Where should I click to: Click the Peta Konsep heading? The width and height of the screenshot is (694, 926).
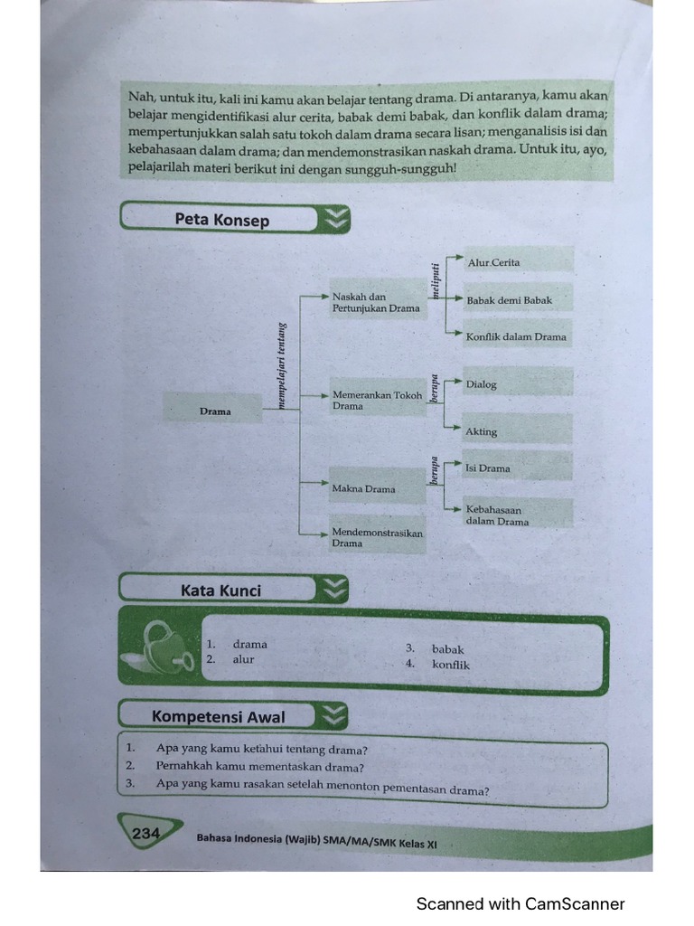pyautogui.click(x=222, y=220)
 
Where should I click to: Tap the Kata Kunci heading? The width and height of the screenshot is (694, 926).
pyautogui.click(x=220, y=591)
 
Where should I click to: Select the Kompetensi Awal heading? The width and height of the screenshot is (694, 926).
pyautogui.click(x=218, y=717)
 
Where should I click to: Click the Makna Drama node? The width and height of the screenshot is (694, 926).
pyautogui.click(x=364, y=488)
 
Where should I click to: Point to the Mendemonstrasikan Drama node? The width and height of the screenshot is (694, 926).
pyautogui.click(x=377, y=538)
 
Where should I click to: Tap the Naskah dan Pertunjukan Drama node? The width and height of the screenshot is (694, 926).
pyautogui.click(x=376, y=302)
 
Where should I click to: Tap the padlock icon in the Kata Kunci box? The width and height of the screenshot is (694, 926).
pyautogui.click(x=164, y=647)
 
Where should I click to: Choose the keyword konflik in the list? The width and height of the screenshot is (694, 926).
pyautogui.click(x=451, y=665)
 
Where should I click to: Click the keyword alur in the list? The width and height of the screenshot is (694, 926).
pyautogui.click(x=244, y=659)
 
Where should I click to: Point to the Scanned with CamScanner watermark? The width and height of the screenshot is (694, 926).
pyautogui.click(x=520, y=903)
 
